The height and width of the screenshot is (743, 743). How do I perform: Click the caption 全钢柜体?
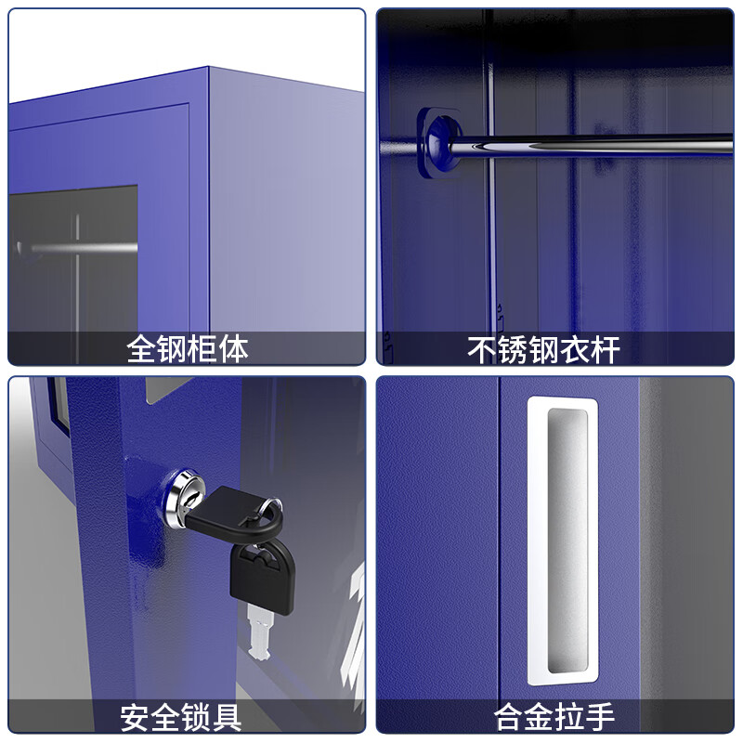coord(187,348)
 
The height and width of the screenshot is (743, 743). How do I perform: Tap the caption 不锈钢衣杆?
coord(542,348)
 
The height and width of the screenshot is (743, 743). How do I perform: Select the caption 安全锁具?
coord(181,716)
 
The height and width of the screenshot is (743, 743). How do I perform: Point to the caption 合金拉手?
coord(554,716)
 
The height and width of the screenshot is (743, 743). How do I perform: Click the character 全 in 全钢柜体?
coord(140,348)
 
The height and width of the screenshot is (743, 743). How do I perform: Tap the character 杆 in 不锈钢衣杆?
coord(604,348)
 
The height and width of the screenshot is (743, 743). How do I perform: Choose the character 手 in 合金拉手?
coord(601,716)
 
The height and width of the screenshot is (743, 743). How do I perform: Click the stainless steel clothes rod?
coord(594,144)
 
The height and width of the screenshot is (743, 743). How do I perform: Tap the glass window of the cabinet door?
coord(74,269)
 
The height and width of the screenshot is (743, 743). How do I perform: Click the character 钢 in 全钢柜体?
coord(171,348)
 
